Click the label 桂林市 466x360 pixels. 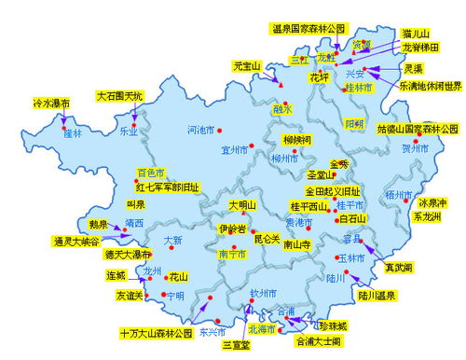tap(358, 88)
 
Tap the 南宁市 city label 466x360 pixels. tap(232, 253)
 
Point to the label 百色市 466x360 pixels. tap(150, 173)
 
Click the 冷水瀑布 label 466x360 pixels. tap(51, 103)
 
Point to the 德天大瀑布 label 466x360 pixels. tap(128, 255)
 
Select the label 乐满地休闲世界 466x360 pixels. tap(430, 86)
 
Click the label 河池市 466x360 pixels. tap(200, 129)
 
